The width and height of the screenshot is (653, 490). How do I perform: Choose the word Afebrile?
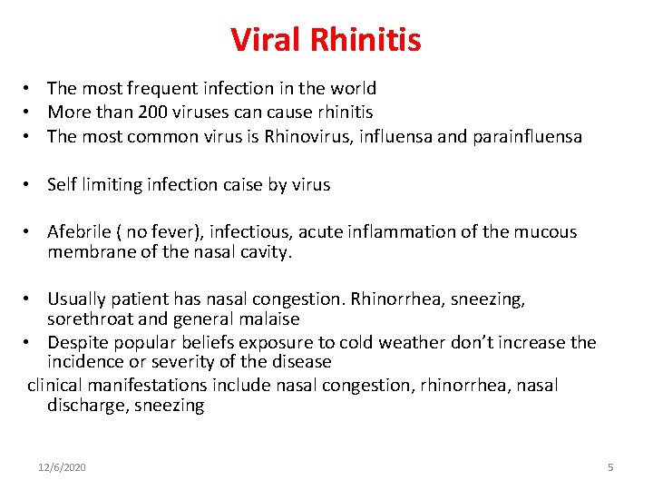(x=80, y=231)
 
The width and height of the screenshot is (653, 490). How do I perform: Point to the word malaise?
(x=270, y=318)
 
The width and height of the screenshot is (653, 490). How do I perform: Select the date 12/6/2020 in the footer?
(x=63, y=467)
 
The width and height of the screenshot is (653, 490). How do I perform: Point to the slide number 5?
(x=610, y=467)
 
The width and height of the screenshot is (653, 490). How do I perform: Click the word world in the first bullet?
(x=353, y=89)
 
